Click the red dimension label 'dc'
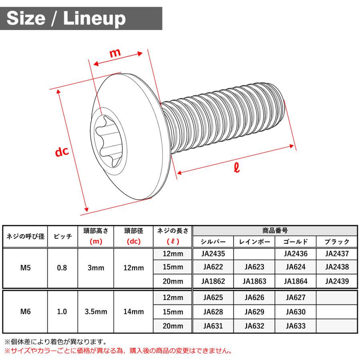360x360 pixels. [x=62, y=152]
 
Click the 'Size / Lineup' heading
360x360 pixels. [x=66, y=18]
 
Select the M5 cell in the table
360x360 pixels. [x=26, y=268]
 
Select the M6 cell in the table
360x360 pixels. [x=26, y=312]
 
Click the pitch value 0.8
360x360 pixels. [x=62, y=268]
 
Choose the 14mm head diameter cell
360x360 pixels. [x=134, y=312]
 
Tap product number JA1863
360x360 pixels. [x=254, y=281]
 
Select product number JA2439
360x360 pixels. [x=337, y=281]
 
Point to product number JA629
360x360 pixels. [x=254, y=312]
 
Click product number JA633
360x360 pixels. [x=296, y=326]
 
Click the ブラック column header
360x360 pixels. [x=337, y=242]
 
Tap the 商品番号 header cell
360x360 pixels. [x=275, y=230]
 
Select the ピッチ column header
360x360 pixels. [x=62, y=236]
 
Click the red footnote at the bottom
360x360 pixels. [x=118, y=351]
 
